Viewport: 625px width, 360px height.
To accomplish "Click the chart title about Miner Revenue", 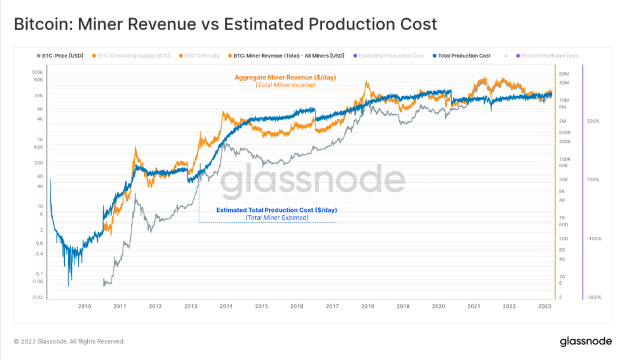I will pos(225,25).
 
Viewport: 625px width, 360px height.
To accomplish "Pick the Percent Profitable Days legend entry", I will pos(549,56).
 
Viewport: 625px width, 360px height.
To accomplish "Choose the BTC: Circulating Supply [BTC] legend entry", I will pos(133,56).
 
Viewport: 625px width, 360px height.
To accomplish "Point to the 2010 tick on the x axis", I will pos(84,306).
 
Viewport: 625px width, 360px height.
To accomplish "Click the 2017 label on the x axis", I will pos(332,306).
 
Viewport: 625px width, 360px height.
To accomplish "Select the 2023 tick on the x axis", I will pos(545,306).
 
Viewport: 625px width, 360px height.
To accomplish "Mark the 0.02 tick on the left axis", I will pos(38,297).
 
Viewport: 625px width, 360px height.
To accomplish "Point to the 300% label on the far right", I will pos(593,122).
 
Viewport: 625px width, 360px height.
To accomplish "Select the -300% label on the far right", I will pos(593,297).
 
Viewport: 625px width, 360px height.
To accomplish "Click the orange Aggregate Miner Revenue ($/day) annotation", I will pos(285,78).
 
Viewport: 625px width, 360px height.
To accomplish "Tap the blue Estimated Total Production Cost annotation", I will pos(276,210).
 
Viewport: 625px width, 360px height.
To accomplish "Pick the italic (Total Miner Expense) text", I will pos(276,218).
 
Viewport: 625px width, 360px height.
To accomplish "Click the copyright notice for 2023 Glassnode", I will pos(69,341).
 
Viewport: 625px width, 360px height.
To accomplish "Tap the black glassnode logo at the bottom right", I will pos(586,341).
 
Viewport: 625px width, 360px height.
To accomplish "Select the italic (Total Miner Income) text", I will pos(285,85).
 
